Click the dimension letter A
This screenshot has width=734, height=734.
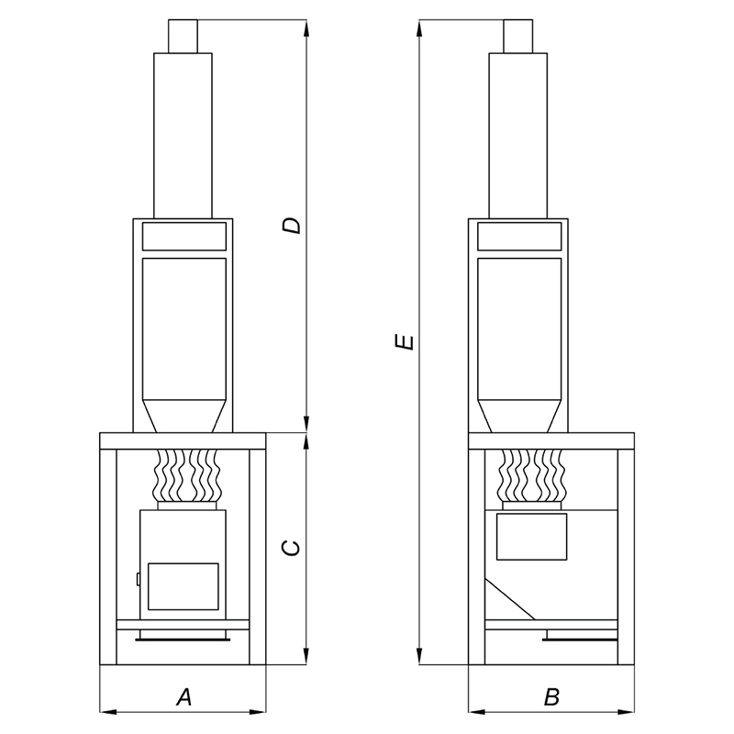coord(184,697)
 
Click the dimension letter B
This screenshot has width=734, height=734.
coord(552,697)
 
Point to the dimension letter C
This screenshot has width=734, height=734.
coord(291,548)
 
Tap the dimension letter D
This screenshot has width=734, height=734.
coord(291,225)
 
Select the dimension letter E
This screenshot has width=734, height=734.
coord(404,341)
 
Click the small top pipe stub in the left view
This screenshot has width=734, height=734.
coord(183,36)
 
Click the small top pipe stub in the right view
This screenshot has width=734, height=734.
coord(518,36)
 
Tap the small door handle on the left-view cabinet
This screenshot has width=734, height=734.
coord(139,579)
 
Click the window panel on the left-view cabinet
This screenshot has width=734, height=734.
coord(183,586)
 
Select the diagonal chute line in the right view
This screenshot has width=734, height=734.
coord(510,599)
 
